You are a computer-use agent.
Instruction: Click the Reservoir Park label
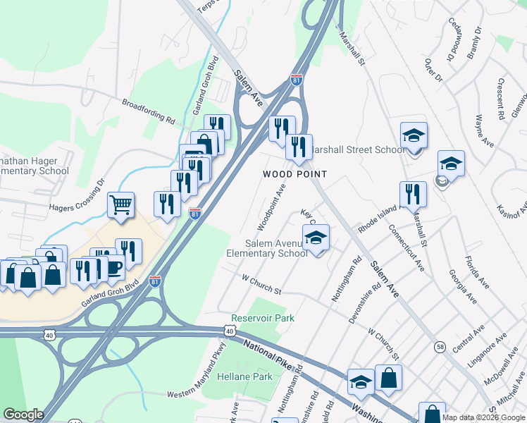263,318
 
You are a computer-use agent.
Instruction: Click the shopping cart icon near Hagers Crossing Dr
120,205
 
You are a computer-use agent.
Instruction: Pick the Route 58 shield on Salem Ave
440,346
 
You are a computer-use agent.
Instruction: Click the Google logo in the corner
23,415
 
